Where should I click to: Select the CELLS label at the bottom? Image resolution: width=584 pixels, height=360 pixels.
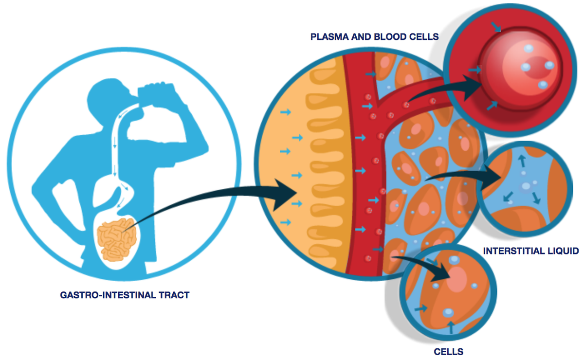tap(448, 351)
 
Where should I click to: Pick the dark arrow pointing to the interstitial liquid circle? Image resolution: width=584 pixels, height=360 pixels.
tap(462, 175)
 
